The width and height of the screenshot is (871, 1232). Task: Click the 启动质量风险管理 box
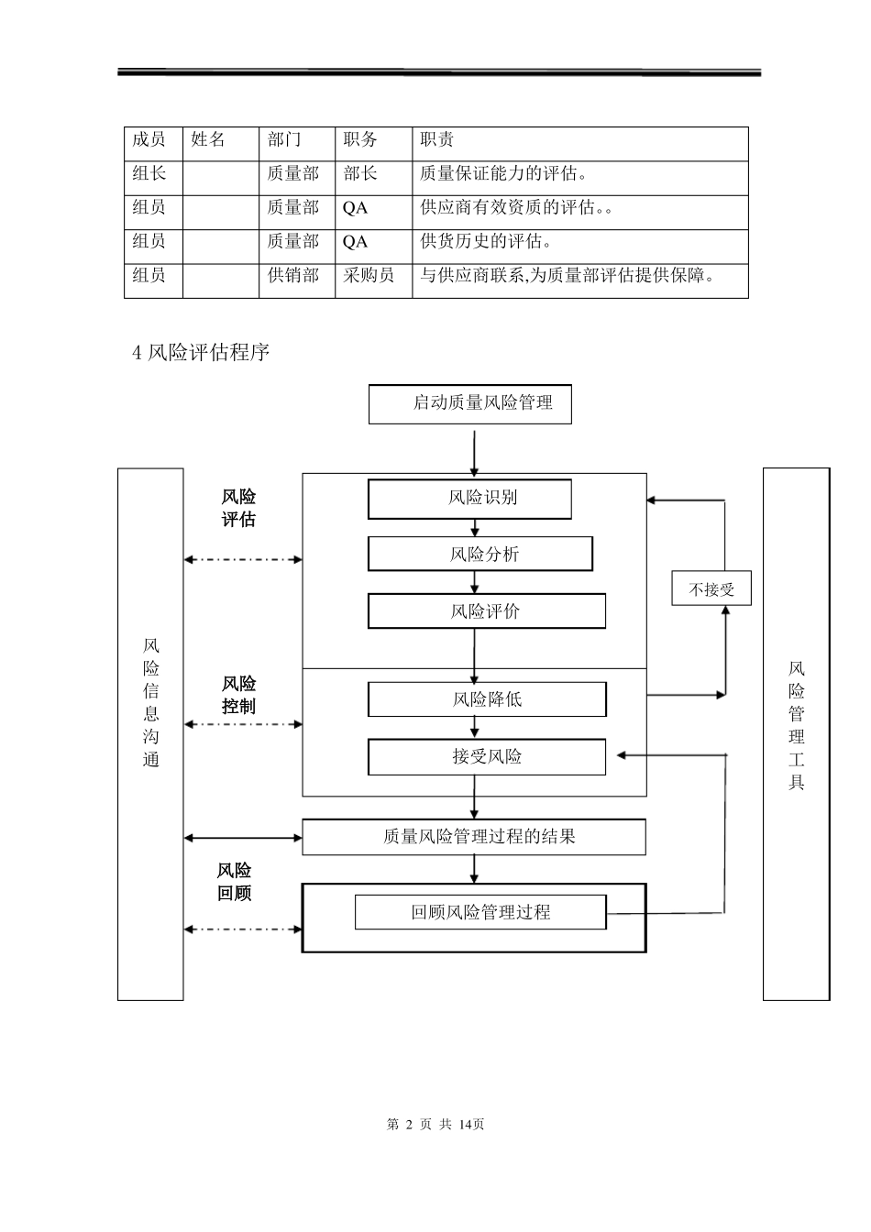tap(469, 404)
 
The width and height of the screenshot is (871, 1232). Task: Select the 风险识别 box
tap(469, 499)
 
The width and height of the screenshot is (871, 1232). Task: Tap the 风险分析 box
tap(480, 555)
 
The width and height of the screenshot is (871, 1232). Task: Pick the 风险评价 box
tap(487, 611)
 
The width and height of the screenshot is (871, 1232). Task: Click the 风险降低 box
tap(487, 699)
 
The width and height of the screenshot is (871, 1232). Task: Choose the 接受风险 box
tap(487, 757)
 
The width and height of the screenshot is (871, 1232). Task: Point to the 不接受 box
tap(711, 589)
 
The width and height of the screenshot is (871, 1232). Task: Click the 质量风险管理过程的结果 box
tap(474, 837)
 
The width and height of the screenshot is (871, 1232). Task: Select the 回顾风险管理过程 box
tap(480, 913)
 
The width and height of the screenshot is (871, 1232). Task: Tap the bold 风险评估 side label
tap(238, 509)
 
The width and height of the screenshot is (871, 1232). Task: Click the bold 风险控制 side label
tap(238, 696)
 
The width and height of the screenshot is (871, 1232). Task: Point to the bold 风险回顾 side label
tap(235, 882)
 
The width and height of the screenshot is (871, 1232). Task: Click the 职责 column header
tap(437, 140)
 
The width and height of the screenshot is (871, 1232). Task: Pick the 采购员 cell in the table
tap(369, 275)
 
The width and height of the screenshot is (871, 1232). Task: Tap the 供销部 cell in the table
tap(292, 275)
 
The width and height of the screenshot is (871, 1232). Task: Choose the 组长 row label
tap(149, 174)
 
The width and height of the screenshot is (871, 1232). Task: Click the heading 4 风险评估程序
tap(202, 352)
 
